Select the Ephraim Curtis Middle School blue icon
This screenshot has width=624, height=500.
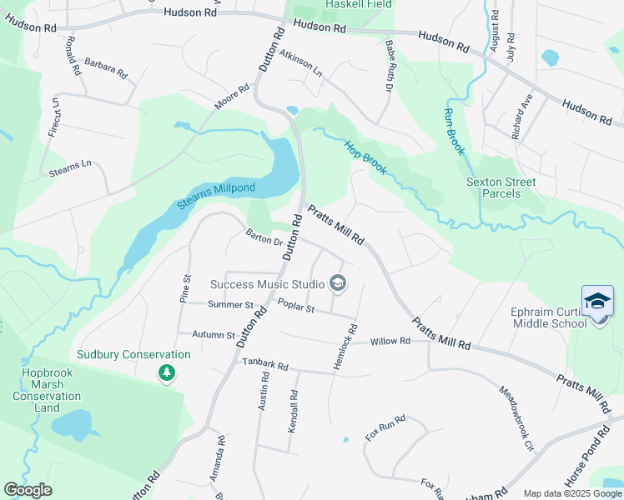pos(597,301)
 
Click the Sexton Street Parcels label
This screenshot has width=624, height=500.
pos(501,187)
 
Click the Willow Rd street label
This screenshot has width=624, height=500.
pos(390,341)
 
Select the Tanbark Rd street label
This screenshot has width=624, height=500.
pos(265,365)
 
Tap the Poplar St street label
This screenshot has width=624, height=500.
pos(295,308)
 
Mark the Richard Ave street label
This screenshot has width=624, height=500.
pos(522,119)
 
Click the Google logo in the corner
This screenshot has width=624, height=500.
pos(28,490)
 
